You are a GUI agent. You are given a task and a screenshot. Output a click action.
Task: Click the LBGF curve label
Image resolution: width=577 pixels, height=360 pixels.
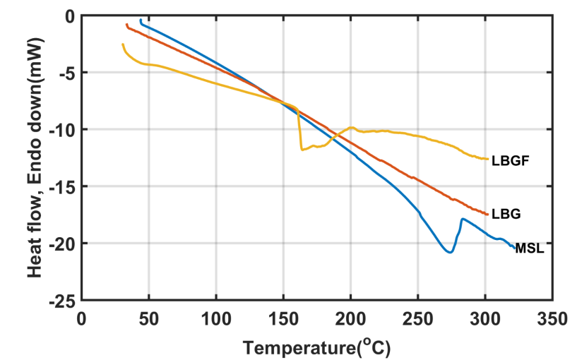[x=511, y=161]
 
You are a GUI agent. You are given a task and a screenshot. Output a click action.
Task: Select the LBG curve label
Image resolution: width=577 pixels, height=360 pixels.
[x=506, y=213]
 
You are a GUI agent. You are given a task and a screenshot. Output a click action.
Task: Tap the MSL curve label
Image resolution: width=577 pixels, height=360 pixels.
[x=530, y=248]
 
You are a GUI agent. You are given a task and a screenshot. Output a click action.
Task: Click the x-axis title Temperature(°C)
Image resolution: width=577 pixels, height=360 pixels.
[x=316, y=347]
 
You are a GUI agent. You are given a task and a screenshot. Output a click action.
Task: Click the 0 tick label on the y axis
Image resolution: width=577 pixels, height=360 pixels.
[x=69, y=16]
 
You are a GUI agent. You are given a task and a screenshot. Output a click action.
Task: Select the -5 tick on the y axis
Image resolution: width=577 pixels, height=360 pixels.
[x=66, y=73]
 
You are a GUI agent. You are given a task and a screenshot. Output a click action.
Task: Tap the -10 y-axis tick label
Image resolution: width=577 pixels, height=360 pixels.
[x=62, y=129]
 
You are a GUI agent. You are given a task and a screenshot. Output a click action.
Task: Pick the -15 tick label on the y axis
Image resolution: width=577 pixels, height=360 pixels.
[x=62, y=186]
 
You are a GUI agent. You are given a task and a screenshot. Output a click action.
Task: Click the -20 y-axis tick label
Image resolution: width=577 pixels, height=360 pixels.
[x=62, y=244]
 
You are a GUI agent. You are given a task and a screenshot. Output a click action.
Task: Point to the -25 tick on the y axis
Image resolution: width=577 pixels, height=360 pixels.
[x=62, y=300]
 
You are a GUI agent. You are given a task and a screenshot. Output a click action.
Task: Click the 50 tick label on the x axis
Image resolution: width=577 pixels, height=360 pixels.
[x=148, y=319]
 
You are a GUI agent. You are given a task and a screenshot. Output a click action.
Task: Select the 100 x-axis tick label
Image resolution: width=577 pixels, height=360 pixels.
[x=215, y=319]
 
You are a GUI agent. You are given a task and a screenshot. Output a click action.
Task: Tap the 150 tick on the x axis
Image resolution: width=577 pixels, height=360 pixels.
[x=283, y=319]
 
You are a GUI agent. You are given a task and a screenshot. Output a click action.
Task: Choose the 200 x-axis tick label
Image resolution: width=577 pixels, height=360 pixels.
[x=350, y=319]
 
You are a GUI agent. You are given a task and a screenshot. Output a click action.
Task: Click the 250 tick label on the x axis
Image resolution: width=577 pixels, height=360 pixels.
[x=417, y=319]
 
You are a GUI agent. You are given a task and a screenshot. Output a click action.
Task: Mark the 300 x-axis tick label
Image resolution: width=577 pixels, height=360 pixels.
[x=485, y=319]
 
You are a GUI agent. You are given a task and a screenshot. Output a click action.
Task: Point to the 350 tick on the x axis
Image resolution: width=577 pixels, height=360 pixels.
[x=552, y=319]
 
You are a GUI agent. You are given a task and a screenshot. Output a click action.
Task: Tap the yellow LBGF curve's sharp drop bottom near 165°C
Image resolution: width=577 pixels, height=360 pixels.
[x=302, y=150]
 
